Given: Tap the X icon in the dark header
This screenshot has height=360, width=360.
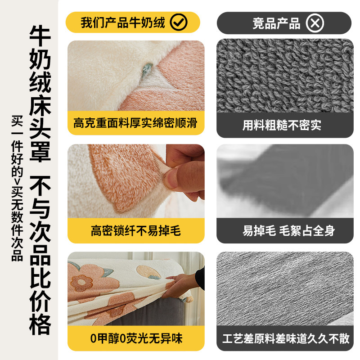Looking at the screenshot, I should (315, 23).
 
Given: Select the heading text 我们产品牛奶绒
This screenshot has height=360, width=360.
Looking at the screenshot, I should (123, 22).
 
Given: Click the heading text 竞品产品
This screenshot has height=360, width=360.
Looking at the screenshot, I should (276, 23).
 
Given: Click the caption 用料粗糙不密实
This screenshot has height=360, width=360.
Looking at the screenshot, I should (282, 125).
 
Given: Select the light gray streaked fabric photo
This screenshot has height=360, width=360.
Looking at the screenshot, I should (283, 288).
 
